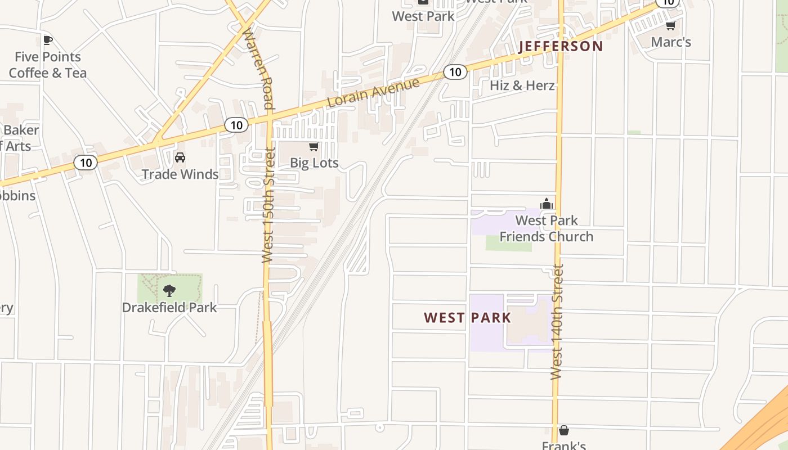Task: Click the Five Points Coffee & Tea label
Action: (x=48, y=65)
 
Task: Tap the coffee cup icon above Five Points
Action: (x=48, y=40)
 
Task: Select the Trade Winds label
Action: (x=180, y=174)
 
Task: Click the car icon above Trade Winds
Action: (x=180, y=157)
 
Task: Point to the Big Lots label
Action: (x=314, y=163)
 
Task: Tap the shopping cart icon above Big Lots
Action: (x=314, y=147)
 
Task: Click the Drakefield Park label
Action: (x=169, y=308)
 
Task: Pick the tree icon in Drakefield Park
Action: (x=169, y=291)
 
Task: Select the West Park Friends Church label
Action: (x=547, y=228)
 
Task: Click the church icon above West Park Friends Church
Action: (x=546, y=204)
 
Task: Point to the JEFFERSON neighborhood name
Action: (x=561, y=46)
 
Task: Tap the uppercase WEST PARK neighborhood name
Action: (x=468, y=318)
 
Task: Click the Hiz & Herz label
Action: (x=522, y=85)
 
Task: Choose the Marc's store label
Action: (x=671, y=42)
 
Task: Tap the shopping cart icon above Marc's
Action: (x=670, y=25)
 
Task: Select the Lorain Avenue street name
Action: (x=374, y=93)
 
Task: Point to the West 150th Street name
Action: (x=268, y=205)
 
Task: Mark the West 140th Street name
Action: (x=557, y=322)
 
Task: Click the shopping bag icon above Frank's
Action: (x=563, y=430)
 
